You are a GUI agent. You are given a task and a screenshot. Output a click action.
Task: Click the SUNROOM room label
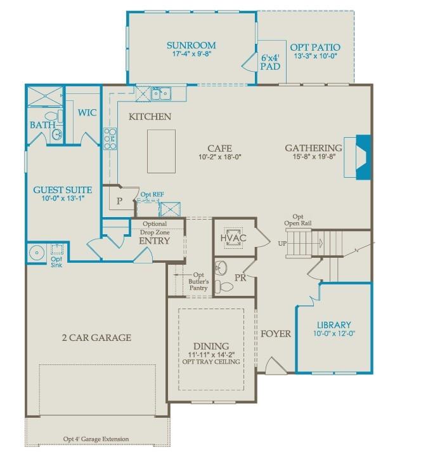click(191, 46)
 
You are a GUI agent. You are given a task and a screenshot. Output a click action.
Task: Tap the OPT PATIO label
click(314, 48)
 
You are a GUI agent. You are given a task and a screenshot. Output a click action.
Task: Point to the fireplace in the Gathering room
click(359, 157)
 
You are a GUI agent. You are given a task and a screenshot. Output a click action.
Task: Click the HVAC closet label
click(233, 237)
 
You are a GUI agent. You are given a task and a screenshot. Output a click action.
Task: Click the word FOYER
click(275, 333)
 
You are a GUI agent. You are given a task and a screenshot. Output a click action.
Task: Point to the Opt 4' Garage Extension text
click(96, 439)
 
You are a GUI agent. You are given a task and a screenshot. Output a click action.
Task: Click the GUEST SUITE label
click(62, 190)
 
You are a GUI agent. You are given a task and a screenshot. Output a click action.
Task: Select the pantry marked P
click(119, 202)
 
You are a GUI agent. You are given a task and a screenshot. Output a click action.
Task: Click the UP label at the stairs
click(283, 243)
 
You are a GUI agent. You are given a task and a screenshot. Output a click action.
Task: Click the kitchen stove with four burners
click(110, 138)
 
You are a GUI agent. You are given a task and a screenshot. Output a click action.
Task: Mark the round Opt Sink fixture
click(36, 252)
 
